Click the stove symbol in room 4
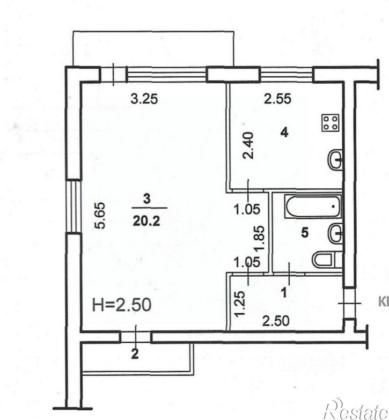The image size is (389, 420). click(x=329, y=123)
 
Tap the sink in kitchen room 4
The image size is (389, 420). click(x=335, y=159)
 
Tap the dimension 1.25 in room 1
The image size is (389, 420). click(x=240, y=302)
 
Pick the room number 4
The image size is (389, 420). click(x=284, y=131)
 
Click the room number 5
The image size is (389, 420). click(x=305, y=234)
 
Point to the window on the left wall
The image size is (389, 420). click(x=70, y=207)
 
